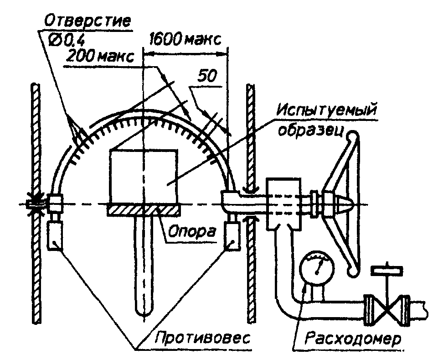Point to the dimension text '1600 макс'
[x=185, y=40]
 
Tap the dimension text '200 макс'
[x=100, y=57]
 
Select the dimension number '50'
[x=207, y=76]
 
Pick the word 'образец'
[x=310, y=130]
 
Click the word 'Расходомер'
[x=353, y=339]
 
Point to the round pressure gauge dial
[x=317, y=267]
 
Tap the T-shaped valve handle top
[x=387, y=270]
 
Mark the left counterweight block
[x=55, y=235]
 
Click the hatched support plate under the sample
[x=143, y=210]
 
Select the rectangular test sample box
[x=144, y=177]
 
